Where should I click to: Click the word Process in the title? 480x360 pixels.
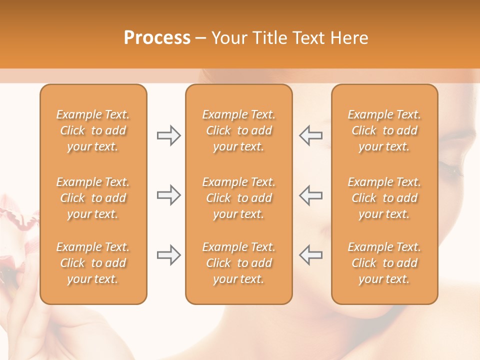(x=157, y=38)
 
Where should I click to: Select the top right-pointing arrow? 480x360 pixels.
(x=168, y=135)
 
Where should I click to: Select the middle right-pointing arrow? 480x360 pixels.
(x=168, y=195)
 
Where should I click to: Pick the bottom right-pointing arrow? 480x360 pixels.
(x=168, y=255)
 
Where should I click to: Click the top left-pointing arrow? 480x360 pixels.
(x=310, y=135)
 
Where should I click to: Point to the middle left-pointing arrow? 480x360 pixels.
(x=310, y=195)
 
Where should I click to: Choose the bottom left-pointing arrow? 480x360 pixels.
(x=310, y=255)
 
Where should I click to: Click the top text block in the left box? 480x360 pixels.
(x=93, y=130)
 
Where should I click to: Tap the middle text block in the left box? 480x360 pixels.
(x=93, y=198)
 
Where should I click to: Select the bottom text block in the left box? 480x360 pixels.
(x=93, y=263)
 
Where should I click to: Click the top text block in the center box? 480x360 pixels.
(x=238, y=130)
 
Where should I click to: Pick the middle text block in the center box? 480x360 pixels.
(x=238, y=198)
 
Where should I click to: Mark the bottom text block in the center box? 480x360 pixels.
(x=238, y=263)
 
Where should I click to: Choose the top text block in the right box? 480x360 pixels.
(x=384, y=130)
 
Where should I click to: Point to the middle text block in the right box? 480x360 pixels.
(x=384, y=198)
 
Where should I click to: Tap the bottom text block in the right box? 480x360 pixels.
(x=384, y=263)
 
